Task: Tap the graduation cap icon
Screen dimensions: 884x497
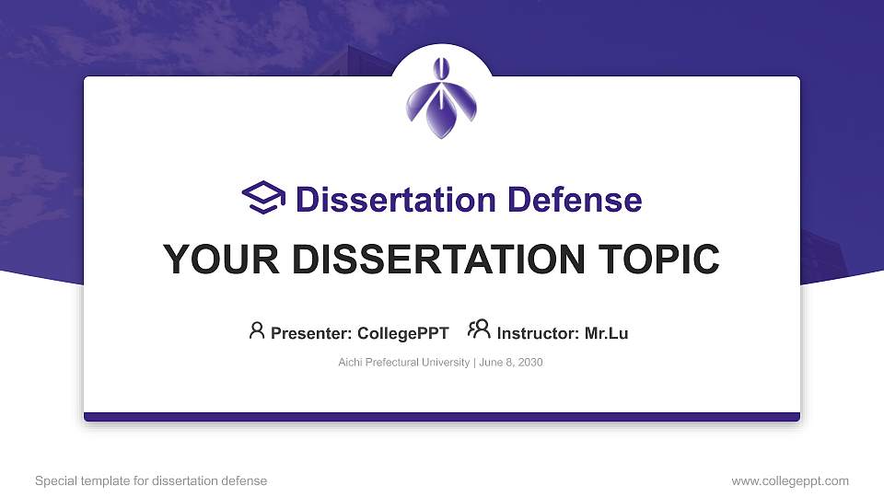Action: coord(263,198)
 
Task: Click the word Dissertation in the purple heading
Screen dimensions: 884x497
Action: coord(396,200)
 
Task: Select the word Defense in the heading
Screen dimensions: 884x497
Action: coord(575,200)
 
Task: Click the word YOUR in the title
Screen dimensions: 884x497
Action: coord(221,260)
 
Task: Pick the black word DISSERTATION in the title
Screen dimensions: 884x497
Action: coord(438,260)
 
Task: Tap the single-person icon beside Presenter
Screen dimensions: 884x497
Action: coord(257,330)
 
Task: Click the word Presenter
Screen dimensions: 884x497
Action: coord(311,333)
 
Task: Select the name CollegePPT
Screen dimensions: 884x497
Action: coord(403,333)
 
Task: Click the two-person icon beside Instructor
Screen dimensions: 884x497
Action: coord(479,329)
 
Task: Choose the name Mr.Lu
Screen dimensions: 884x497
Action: coord(606,333)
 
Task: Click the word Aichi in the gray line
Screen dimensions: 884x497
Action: coord(350,363)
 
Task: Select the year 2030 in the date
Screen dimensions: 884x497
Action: coord(530,363)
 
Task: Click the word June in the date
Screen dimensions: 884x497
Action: coord(490,363)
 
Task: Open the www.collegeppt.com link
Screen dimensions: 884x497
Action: coord(790,481)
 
